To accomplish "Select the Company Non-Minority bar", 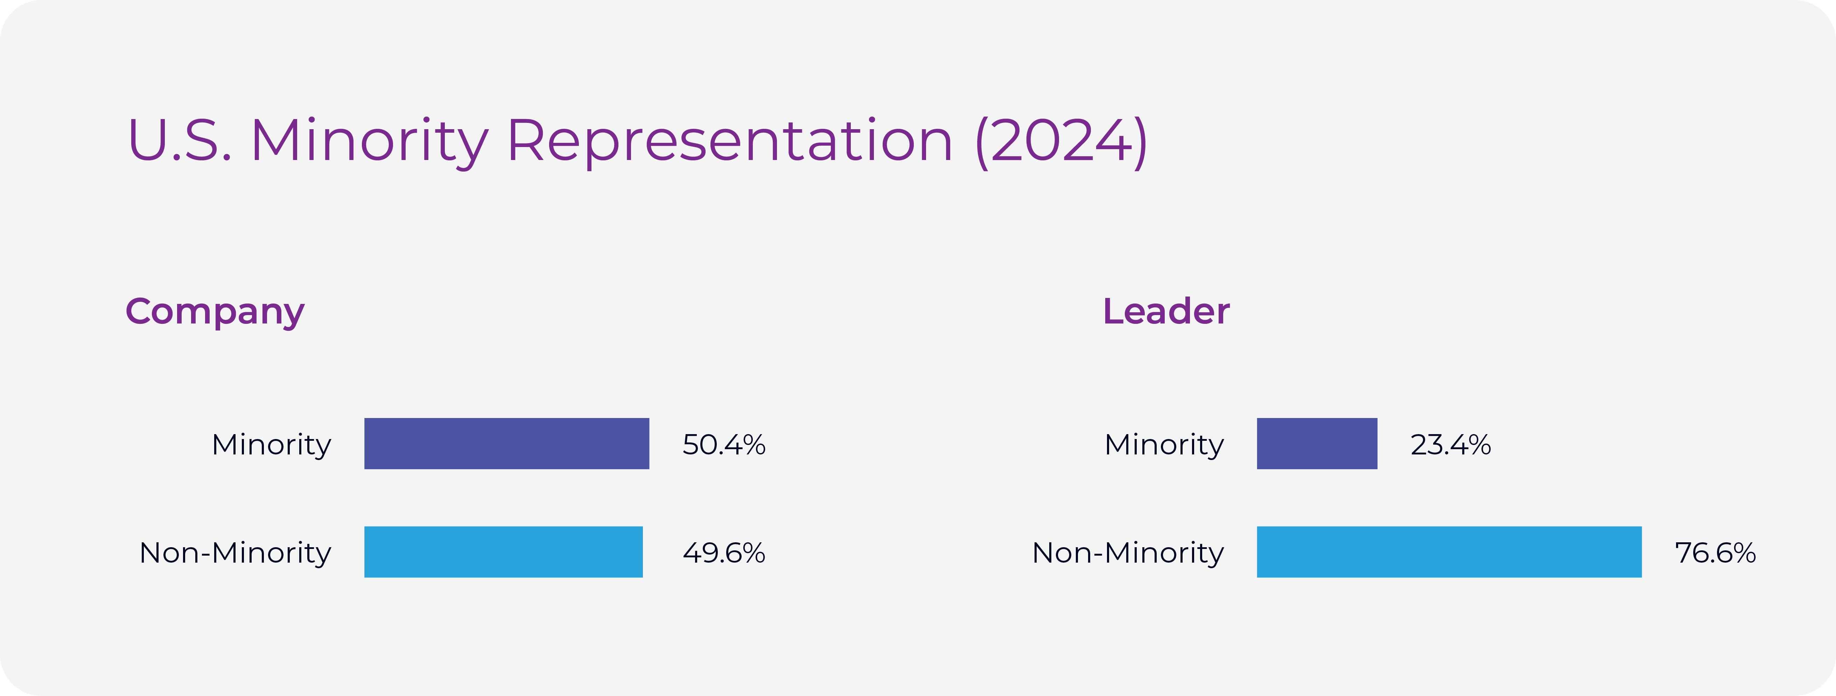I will (503, 552).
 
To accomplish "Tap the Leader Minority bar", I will (1316, 444).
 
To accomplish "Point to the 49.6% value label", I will (723, 553).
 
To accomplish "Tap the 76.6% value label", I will (1715, 553).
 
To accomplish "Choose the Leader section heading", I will (1166, 312).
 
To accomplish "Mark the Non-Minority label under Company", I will (235, 553).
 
